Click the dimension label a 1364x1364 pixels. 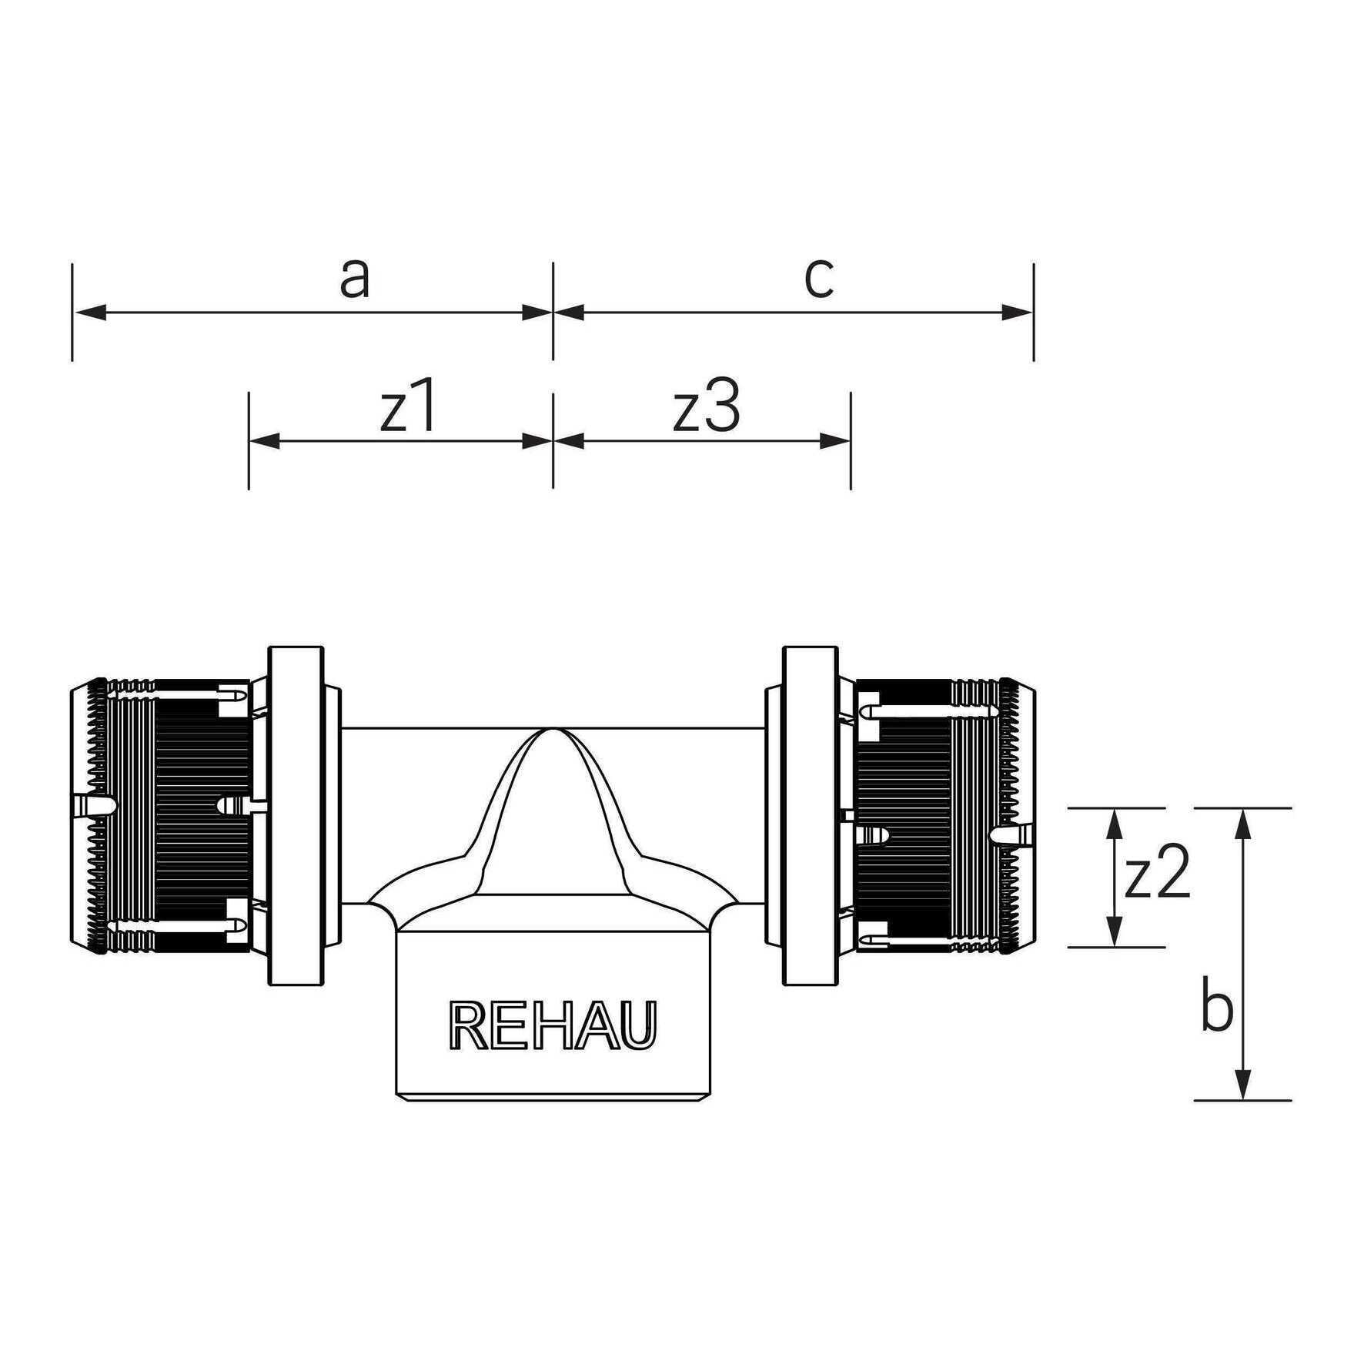(x=355, y=279)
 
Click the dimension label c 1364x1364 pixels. (x=819, y=279)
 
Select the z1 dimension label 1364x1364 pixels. (x=409, y=407)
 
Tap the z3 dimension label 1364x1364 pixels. (x=707, y=407)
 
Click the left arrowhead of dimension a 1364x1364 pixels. (x=89, y=313)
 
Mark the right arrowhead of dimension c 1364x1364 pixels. (x=1017, y=313)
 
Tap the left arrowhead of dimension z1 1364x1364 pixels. (x=266, y=441)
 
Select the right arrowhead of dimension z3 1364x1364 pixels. (x=834, y=441)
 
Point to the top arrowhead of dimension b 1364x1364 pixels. (x=1242, y=824)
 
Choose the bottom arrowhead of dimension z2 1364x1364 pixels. (x=1113, y=931)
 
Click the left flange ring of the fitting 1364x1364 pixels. (x=296, y=816)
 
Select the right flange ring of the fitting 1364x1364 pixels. (x=811, y=816)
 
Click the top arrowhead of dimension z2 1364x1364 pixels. (x=1113, y=824)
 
